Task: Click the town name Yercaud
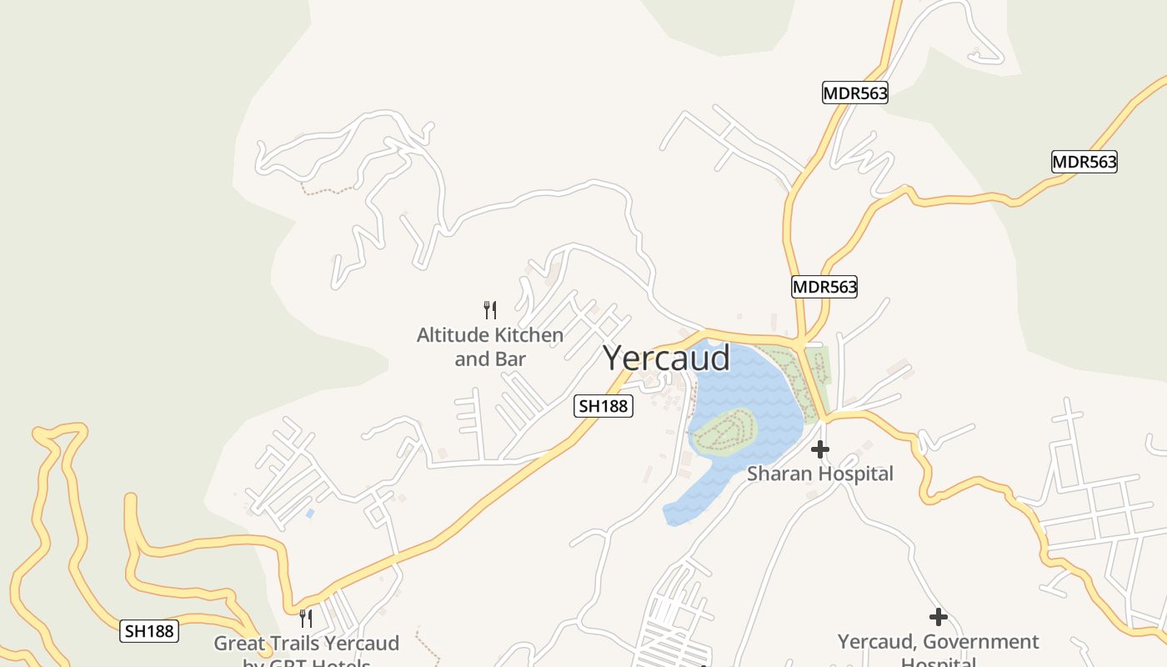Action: click(666, 358)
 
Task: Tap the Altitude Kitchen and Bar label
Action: click(490, 347)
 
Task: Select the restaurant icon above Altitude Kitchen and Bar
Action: click(490, 310)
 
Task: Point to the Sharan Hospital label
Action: click(819, 474)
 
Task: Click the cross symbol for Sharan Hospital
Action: click(820, 449)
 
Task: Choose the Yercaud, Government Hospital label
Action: click(938, 643)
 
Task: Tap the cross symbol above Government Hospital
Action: click(939, 617)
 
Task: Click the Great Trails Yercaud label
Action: click(306, 644)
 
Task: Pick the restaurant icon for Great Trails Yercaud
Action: click(306, 618)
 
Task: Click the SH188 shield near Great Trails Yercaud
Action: click(149, 630)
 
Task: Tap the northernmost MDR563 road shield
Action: click(854, 93)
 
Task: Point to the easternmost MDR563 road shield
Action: click(1084, 162)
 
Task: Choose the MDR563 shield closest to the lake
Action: click(824, 287)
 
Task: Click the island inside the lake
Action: click(724, 432)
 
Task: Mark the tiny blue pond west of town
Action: click(310, 514)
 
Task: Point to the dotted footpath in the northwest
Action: click(328, 191)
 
